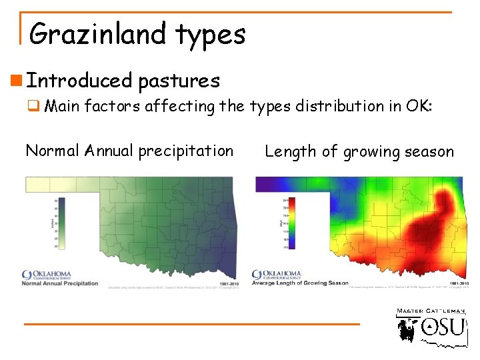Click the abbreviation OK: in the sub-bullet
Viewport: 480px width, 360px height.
pyautogui.click(x=419, y=105)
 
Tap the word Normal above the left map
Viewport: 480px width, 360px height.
pyautogui.click(x=53, y=151)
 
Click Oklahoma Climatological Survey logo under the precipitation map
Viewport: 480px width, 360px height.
pyautogui.click(x=47, y=275)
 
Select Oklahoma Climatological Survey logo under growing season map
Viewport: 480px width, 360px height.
pyautogui.click(x=277, y=275)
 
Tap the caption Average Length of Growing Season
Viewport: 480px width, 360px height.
pyautogui.click(x=300, y=283)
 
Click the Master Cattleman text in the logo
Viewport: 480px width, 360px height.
pyautogui.click(x=432, y=311)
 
